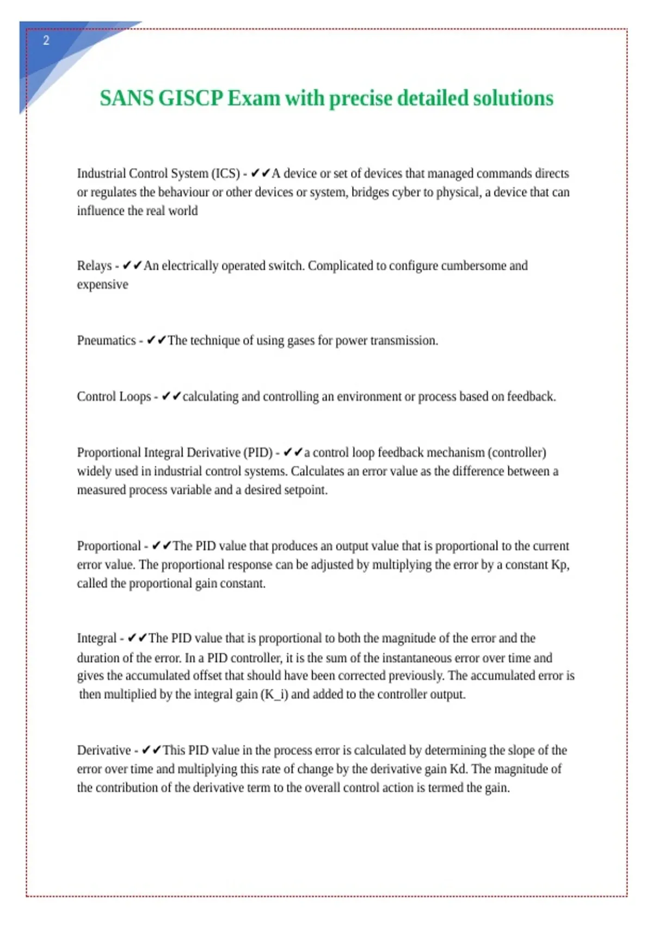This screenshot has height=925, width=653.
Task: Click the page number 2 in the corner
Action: click(x=46, y=40)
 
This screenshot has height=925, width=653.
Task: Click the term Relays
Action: click(x=94, y=266)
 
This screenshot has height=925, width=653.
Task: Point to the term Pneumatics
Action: click(x=106, y=341)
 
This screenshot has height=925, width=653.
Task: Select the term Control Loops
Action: click(x=114, y=397)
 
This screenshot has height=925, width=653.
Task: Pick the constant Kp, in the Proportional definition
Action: click(x=560, y=565)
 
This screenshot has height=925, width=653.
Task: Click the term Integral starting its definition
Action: click(x=96, y=638)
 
